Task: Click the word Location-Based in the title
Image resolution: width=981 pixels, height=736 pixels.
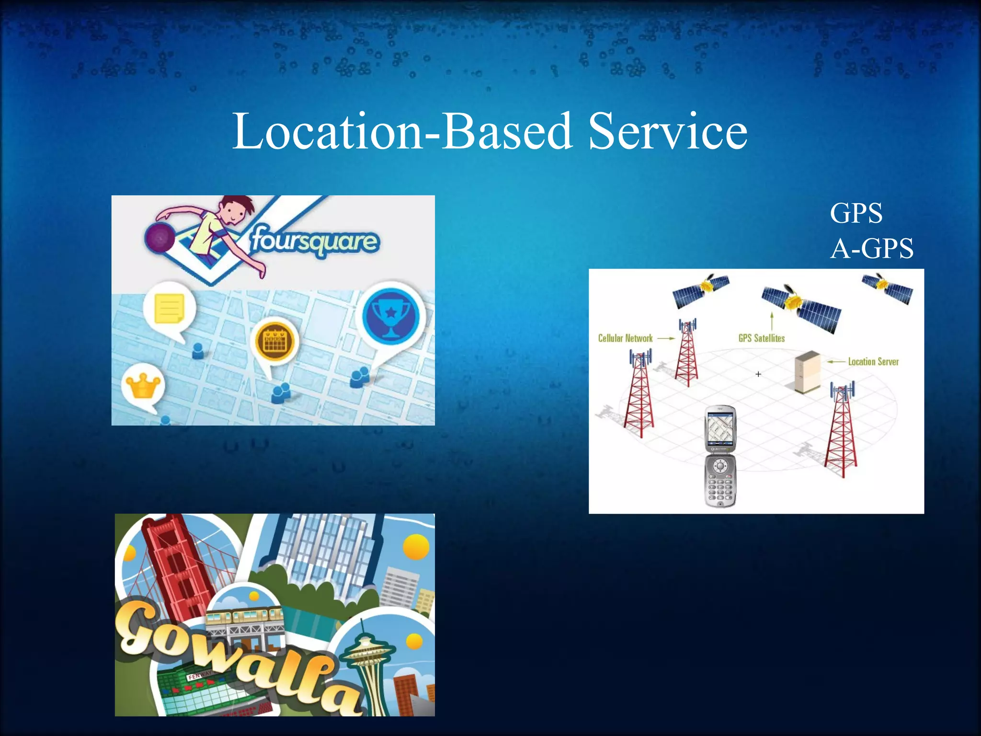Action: [402, 131]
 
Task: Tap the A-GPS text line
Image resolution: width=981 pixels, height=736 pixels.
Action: [872, 249]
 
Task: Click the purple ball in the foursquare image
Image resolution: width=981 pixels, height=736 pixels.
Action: [160, 238]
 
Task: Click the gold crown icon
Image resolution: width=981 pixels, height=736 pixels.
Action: [142, 385]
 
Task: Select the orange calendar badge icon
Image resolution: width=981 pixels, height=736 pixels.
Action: [275, 341]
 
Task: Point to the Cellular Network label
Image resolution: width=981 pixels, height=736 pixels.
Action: [625, 338]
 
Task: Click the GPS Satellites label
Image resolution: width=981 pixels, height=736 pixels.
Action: [761, 338]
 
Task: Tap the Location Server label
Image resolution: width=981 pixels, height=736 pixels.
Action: [873, 362]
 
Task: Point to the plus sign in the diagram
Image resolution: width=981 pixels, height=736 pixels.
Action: [758, 374]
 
